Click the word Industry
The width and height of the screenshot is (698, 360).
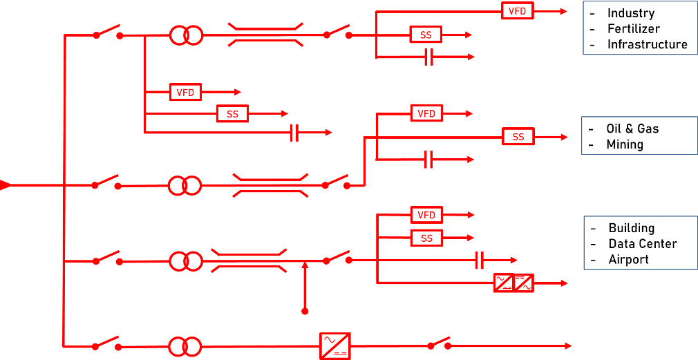tap(631, 13)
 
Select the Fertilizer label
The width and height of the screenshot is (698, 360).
tap(633, 29)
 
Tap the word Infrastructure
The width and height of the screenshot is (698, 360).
tap(647, 45)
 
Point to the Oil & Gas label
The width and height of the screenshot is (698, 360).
tap(632, 129)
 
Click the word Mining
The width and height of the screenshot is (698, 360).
tap(624, 145)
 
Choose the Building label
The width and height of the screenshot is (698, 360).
tap(631, 228)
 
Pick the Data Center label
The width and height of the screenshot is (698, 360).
tap(642, 244)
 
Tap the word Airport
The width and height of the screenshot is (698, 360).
tap(628, 260)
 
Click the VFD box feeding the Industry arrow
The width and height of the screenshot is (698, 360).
tap(517, 11)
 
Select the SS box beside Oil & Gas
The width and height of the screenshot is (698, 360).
tap(518, 137)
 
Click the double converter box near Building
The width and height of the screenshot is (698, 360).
tap(513, 283)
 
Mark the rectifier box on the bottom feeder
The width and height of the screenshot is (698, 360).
tap(335, 345)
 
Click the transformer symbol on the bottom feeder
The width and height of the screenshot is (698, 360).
tap(185, 345)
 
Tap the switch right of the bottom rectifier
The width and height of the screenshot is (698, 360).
tap(439, 343)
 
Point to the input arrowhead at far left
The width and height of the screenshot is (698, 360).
tap(5, 185)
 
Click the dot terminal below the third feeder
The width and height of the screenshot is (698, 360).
tap(305, 312)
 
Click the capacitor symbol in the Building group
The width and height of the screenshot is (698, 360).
tap(480, 260)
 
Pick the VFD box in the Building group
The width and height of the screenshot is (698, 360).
tap(426, 215)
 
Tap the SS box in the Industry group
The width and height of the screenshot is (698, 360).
tap(426, 35)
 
